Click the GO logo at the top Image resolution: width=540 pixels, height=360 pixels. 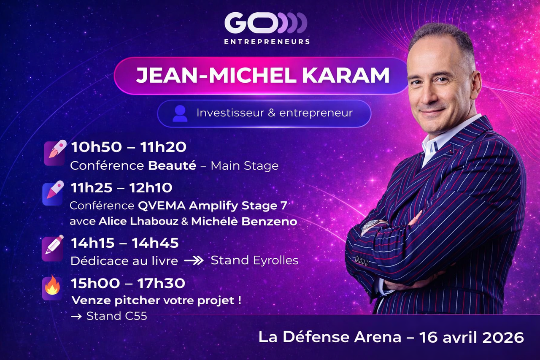pyautogui.click(x=266, y=23)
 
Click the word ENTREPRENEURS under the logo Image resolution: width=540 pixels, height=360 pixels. pyautogui.click(x=267, y=42)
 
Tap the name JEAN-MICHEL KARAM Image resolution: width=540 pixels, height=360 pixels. pyautogui.click(x=262, y=75)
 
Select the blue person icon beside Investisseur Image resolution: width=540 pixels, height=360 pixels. pyautogui.click(x=180, y=114)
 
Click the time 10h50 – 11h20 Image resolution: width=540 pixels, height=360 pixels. pyautogui.click(x=129, y=147)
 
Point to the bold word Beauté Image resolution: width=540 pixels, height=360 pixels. pyautogui.click(x=172, y=166)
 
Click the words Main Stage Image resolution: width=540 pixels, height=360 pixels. pyautogui.click(x=244, y=166)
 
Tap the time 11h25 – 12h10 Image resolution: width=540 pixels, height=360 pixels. pyautogui.click(x=121, y=187)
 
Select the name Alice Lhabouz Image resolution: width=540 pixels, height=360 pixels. pyautogui.click(x=138, y=221)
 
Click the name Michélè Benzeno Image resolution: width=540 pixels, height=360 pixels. pyautogui.click(x=244, y=222)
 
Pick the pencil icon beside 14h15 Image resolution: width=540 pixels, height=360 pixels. pyautogui.click(x=53, y=248)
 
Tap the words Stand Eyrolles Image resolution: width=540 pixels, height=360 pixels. pyautogui.click(x=254, y=260)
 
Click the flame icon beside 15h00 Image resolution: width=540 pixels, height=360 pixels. pyautogui.click(x=52, y=287)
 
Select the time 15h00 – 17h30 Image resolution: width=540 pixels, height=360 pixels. pyautogui.click(x=128, y=283)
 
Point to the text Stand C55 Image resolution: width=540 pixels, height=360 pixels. pyautogui.click(x=117, y=316)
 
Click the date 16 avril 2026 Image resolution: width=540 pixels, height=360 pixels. pyautogui.click(x=472, y=337)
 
